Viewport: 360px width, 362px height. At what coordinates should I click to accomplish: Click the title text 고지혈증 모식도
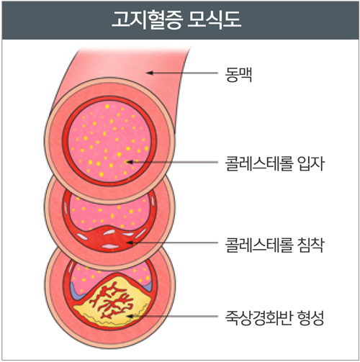[x=176, y=19]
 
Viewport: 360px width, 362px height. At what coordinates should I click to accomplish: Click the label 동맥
[x=238, y=75]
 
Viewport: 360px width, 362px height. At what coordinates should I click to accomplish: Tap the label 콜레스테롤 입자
[x=274, y=163]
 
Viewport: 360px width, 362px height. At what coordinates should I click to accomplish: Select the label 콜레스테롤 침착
[x=274, y=245]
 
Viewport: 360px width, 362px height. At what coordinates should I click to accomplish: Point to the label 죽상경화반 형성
[x=274, y=317]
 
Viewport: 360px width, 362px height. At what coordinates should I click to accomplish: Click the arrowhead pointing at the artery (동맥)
[x=150, y=73]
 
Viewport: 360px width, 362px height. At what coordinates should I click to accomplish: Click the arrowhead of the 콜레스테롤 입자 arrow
[x=130, y=162]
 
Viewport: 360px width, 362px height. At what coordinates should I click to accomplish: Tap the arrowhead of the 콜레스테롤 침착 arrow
[x=130, y=243]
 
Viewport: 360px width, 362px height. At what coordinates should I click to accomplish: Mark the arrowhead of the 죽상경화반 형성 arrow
[x=130, y=316]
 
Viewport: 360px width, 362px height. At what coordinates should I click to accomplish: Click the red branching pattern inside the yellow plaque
[x=111, y=301]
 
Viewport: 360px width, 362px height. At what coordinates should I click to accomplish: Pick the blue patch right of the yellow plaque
[x=147, y=286]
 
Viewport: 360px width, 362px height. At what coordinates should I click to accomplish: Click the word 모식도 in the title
[x=214, y=19]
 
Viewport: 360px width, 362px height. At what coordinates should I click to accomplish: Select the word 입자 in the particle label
[x=311, y=163]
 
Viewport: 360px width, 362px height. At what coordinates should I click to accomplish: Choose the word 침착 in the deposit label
[x=311, y=245]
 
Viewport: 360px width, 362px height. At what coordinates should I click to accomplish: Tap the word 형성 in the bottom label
[x=311, y=317]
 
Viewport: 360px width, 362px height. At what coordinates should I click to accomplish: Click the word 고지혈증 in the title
[x=147, y=19]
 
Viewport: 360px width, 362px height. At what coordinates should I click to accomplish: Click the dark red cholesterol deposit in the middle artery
[x=109, y=239]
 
